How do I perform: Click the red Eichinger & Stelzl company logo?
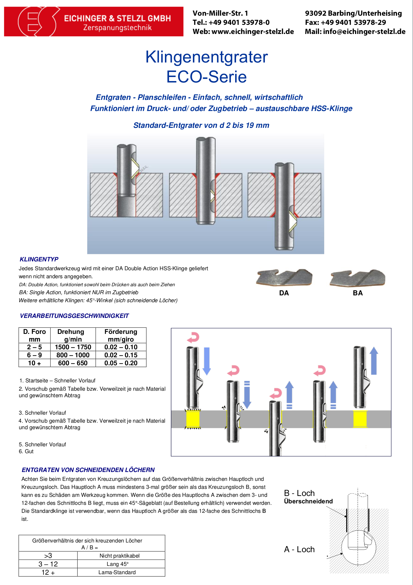click(x=94, y=22)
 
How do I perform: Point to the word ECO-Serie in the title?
click(x=206, y=77)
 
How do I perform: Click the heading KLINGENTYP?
click(x=39, y=259)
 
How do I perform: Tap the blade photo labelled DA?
click(x=284, y=277)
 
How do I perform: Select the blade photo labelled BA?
click(x=357, y=278)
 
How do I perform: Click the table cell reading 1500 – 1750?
click(x=73, y=347)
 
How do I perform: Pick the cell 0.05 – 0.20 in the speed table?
click(x=121, y=363)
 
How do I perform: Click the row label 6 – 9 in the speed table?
click(x=35, y=355)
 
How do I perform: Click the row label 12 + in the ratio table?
click(x=48, y=572)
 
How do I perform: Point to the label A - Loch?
click(x=299, y=550)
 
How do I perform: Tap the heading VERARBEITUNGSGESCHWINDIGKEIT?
click(x=74, y=316)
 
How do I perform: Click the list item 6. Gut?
click(x=26, y=451)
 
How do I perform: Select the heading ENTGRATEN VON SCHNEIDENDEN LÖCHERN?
click(x=88, y=470)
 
